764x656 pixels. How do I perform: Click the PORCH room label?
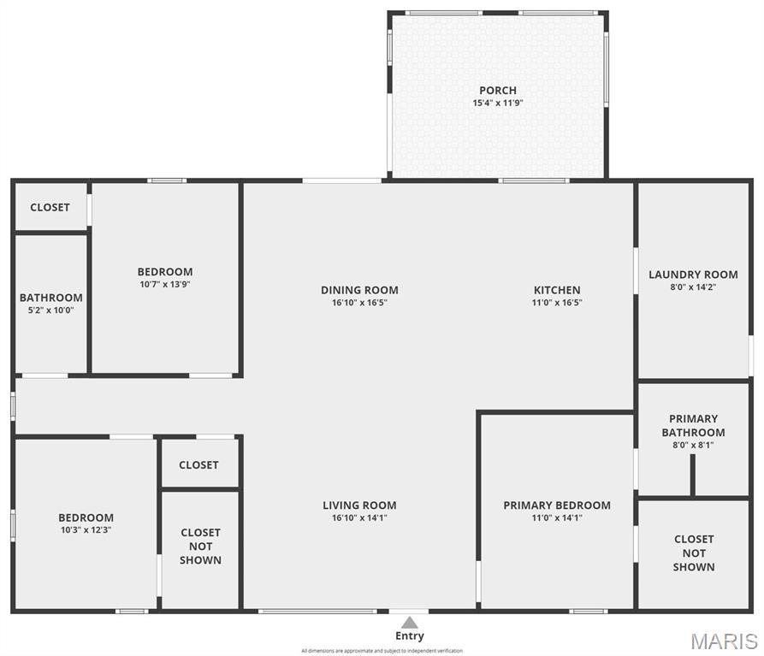pyautogui.click(x=497, y=91)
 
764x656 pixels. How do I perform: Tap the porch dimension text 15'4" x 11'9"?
pyautogui.click(x=497, y=103)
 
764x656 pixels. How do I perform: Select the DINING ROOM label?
pyautogui.click(x=359, y=290)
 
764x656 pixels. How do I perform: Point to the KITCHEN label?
pyautogui.click(x=557, y=290)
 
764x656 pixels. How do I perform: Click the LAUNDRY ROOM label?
pyautogui.click(x=693, y=275)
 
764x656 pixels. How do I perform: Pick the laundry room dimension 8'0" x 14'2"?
pyautogui.click(x=693, y=287)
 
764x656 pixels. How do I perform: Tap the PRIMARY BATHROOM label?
pyautogui.click(x=693, y=425)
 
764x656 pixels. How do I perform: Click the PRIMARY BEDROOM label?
pyautogui.click(x=557, y=505)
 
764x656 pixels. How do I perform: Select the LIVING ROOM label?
pyautogui.click(x=359, y=505)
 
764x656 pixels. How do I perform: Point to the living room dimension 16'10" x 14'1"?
pyautogui.click(x=359, y=517)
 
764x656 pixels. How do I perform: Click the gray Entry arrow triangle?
pyautogui.click(x=410, y=623)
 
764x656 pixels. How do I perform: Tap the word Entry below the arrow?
pyautogui.click(x=410, y=636)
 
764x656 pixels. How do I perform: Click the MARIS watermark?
pyautogui.click(x=724, y=641)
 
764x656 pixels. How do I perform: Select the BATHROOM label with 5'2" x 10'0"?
pyautogui.click(x=51, y=298)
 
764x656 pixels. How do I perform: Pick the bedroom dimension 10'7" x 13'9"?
pyautogui.click(x=165, y=284)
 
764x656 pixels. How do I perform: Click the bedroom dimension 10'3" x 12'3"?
pyautogui.click(x=86, y=529)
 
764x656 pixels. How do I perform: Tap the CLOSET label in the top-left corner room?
pyautogui.click(x=50, y=207)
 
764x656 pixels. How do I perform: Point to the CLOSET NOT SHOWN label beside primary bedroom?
pyautogui.click(x=694, y=553)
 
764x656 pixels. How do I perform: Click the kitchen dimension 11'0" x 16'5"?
pyautogui.click(x=557, y=302)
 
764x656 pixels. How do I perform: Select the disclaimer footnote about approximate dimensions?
pyautogui.click(x=382, y=651)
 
